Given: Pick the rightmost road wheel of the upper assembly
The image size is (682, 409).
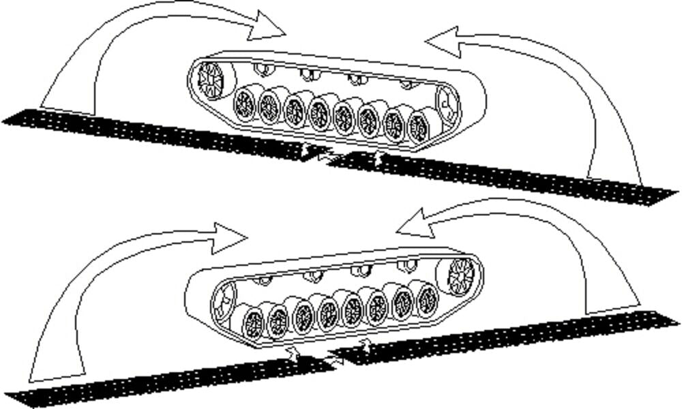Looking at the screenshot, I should [417, 127].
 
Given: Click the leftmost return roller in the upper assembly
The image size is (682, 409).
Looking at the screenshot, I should [261, 67].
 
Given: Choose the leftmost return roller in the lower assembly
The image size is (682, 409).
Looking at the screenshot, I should [261, 280].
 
